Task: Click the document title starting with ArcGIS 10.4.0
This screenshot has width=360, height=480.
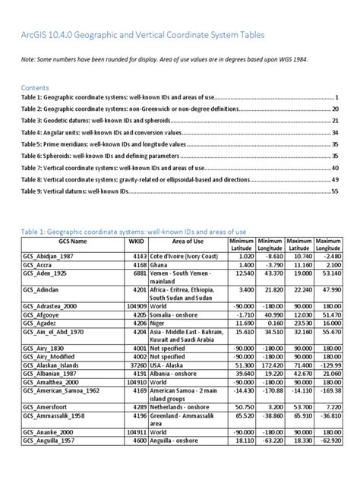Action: coord(144,36)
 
